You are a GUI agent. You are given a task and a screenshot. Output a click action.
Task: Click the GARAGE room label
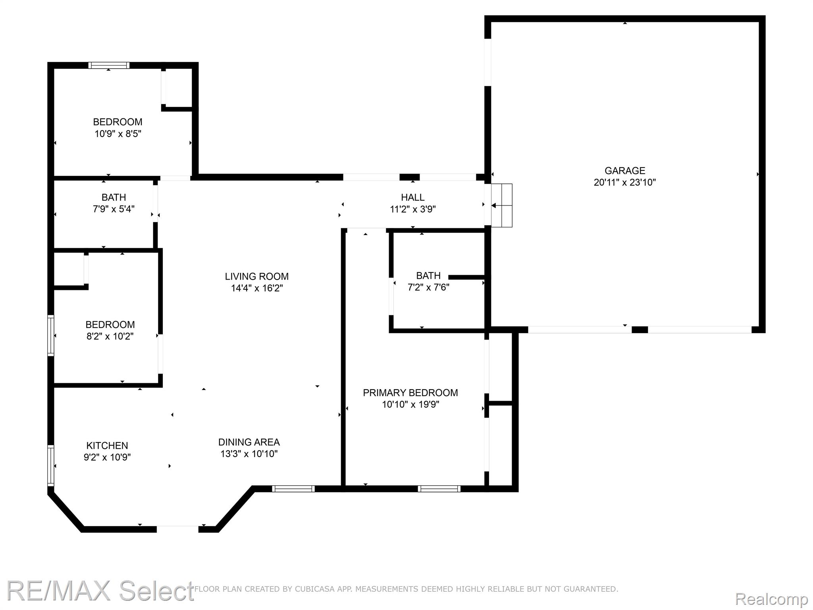pyautogui.click(x=625, y=171)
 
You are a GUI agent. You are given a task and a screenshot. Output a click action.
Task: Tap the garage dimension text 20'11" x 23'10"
pyautogui.click(x=625, y=183)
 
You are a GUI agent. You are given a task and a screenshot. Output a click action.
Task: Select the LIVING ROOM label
pyautogui.click(x=257, y=276)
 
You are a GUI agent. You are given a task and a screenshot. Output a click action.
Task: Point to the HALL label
pyautogui.click(x=413, y=197)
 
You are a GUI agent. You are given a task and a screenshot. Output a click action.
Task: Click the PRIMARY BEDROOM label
pyautogui.click(x=410, y=393)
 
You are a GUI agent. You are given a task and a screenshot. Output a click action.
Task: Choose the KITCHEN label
pyautogui.click(x=107, y=446)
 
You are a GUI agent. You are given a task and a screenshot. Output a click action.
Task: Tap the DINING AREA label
pyautogui.click(x=249, y=442)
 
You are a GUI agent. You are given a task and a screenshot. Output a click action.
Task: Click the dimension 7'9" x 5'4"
pyautogui.click(x=114, y=209)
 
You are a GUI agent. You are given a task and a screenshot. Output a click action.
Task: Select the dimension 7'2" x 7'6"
pyautogui.click(x=429, y=287)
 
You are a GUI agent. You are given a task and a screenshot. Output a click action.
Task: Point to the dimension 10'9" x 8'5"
pyautogui.click(x=118, y=133)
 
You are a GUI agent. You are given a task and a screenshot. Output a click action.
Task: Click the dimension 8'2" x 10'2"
pyautogui.click(x=110, y=336)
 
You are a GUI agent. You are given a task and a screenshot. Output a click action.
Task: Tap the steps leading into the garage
pyautogui.click(x=502, y=205)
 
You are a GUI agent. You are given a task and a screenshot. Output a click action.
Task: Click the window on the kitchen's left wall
pyautogui.click(x=51, y=465)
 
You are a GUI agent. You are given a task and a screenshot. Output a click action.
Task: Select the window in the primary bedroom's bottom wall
pyautogui.click(x=439, y=489)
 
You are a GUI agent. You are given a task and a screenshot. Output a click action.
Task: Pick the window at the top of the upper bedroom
pyautogui.click(x=109, y=65)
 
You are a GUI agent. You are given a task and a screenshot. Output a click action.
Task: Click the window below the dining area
pyautogui.click(x=293, y=489)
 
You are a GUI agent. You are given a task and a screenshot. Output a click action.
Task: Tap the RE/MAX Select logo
pyautogui.click(x=100, y=591)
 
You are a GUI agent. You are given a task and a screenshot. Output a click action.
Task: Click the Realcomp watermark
pyautogui.click(x=772, y=598)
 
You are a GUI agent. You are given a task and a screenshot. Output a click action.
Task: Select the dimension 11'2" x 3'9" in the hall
pyautogui.click(x=413, y=209)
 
